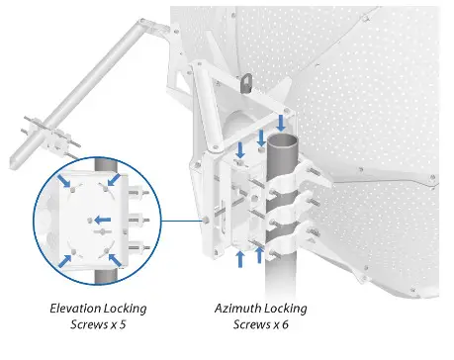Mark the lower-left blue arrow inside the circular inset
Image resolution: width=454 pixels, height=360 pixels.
point(66,260)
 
